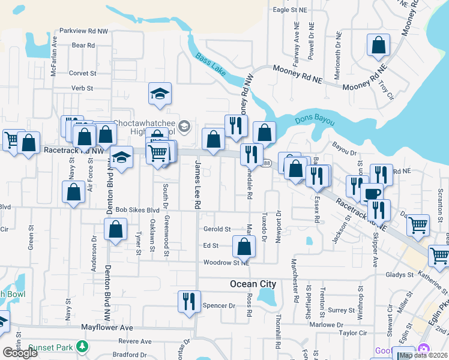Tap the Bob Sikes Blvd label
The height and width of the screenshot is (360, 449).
137,210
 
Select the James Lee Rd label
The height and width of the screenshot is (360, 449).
196,188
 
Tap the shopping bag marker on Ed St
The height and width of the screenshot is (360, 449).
244,245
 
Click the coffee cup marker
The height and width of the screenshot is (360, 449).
371,193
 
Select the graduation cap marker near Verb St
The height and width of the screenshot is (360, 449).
160,93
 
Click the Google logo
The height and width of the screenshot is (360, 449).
20,353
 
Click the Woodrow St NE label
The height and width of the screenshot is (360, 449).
226,262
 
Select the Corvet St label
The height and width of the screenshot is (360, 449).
83,73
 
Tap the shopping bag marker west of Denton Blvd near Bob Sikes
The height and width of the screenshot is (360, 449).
73,193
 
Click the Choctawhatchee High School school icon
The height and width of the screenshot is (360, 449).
184,126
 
